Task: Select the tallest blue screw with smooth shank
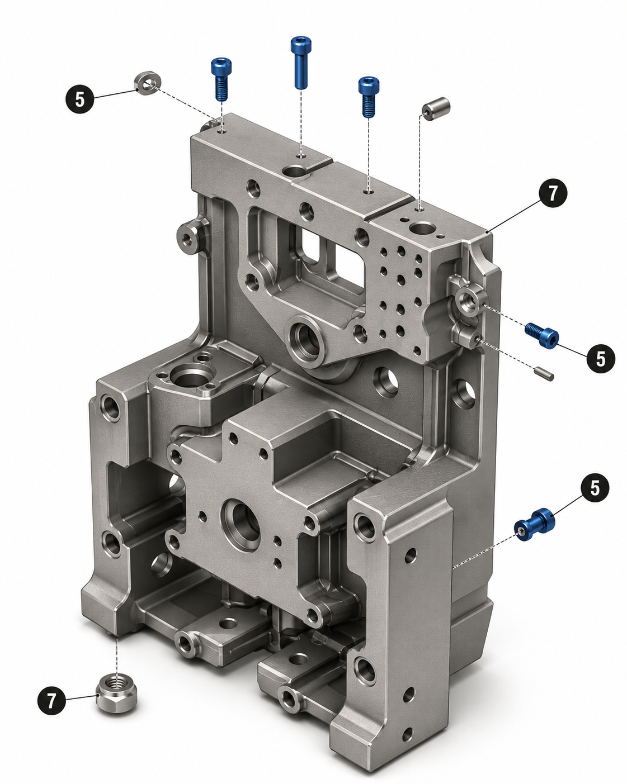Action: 300,62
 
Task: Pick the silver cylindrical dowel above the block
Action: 436,109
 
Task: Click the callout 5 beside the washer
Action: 79,99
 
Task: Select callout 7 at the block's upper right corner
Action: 553,193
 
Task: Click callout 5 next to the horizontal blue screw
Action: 601,359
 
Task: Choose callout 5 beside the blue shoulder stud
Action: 595,488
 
